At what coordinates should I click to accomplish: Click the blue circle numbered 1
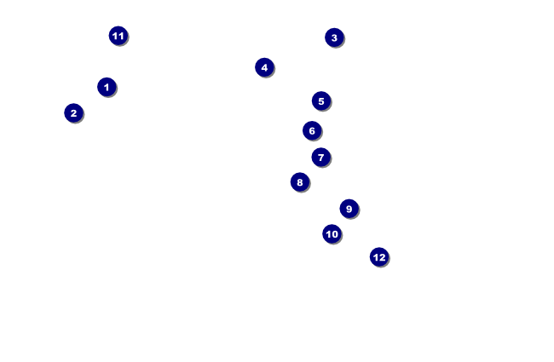click(x=106, y=87)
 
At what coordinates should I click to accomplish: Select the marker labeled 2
click(x=73, y=112)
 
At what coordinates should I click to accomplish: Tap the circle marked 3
click(x=334, y=37)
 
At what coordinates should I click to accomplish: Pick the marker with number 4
click(x=264, y=67)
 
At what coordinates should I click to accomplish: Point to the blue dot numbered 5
click(x=320, y=101)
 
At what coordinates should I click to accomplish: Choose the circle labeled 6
click(x=312, y=130)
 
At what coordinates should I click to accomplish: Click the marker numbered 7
click(x=320, y=157)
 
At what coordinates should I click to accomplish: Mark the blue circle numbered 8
click(x=299, y=181)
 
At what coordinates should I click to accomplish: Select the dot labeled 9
click(x=349, y=209)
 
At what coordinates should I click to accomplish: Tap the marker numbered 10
click(x=332, y=233)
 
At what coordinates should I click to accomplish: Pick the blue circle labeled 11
click(x=118, y=36)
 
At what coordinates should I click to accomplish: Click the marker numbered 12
click(x=379, y=256)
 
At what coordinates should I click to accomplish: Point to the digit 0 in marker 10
click(x=335, y=233)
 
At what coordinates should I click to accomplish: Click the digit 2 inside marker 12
click(x=383, y=256)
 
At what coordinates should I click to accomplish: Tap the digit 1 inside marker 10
click(x=328, y=233)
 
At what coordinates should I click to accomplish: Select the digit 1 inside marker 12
click(x=376, y=256)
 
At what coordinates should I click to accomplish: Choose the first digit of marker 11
click(x=115, y=36)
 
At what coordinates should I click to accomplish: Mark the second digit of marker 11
click(x=121, y=36)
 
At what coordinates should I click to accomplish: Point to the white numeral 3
click(x=334, y=37)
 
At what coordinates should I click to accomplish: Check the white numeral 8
click(x=299, y=181)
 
